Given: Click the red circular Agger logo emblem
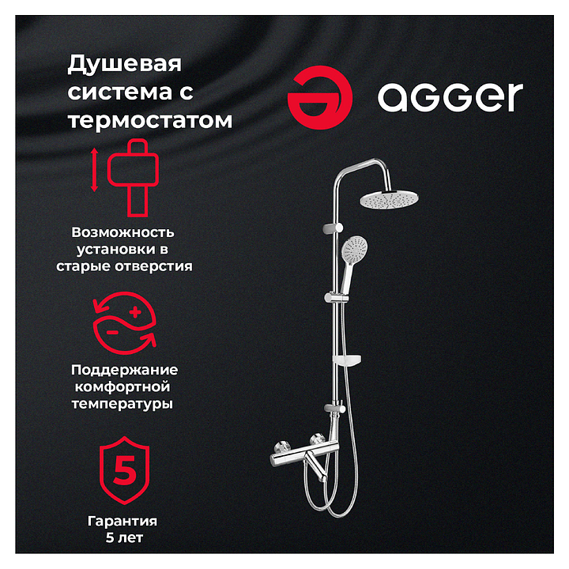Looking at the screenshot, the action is (320, 97).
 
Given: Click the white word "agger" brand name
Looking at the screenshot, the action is (450, 97).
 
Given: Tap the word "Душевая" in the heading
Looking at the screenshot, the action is (125, 65).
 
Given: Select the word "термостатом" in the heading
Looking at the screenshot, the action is (150, 120).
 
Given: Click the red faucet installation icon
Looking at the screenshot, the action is (134, 178).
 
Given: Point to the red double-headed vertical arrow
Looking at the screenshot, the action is (94, 169).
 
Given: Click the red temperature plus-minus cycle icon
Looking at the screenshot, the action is (125, 322).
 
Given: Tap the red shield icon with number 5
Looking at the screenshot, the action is (125, 470).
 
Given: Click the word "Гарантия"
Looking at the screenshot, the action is (122, 522).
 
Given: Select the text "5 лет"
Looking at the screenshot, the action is (125, 538).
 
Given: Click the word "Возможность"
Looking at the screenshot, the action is (123, 232).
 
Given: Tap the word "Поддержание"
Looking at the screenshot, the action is (125, 371).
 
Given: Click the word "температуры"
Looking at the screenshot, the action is (122, 404).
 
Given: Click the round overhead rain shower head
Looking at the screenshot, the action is (389, 199).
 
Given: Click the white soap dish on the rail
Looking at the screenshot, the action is (347, 360).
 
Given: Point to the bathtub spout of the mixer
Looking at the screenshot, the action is (315, 467).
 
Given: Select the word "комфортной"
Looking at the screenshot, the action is (122, 387).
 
